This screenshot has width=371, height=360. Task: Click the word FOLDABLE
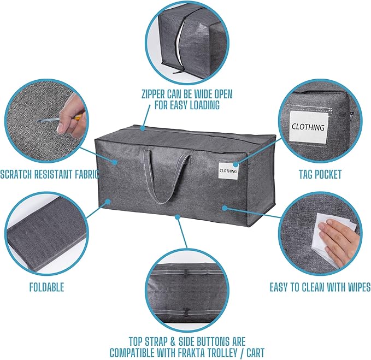46,287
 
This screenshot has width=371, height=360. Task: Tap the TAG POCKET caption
320,174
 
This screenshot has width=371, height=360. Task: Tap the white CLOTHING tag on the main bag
228,170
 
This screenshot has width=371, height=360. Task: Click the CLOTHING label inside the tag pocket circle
308,127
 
